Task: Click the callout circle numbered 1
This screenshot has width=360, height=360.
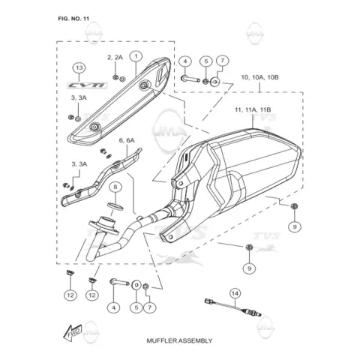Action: click(136, 56)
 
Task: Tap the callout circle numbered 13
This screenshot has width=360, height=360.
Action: click(79, 67)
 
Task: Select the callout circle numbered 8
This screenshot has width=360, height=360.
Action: click(115, 187)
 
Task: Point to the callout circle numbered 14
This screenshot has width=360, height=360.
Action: click(235, 293)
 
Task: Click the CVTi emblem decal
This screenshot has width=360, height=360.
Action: click(87, 85)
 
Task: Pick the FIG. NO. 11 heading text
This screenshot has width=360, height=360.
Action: click(73, 19)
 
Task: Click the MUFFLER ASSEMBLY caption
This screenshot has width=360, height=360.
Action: click(179, 340)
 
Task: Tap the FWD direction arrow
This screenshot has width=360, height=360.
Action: click(73, 333)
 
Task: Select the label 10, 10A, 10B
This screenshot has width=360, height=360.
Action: click(259, 77)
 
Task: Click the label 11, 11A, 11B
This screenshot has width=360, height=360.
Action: click(253, 109)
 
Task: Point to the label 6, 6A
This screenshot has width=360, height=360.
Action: click(127, 140)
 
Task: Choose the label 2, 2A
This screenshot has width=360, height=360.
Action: click(115, 57)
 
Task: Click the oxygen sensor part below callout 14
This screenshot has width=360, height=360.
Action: click(232, 306)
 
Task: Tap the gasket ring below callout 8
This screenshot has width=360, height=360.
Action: click(115, 206)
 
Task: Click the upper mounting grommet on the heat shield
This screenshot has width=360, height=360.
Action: click(144, 85)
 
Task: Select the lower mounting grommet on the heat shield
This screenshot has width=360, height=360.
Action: click(94, 127)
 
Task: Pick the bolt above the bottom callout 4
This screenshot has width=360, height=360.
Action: click(119, 283)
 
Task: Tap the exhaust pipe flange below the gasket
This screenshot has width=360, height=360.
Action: click(103, 225)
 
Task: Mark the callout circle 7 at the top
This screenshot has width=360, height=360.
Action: click(222, 61)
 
